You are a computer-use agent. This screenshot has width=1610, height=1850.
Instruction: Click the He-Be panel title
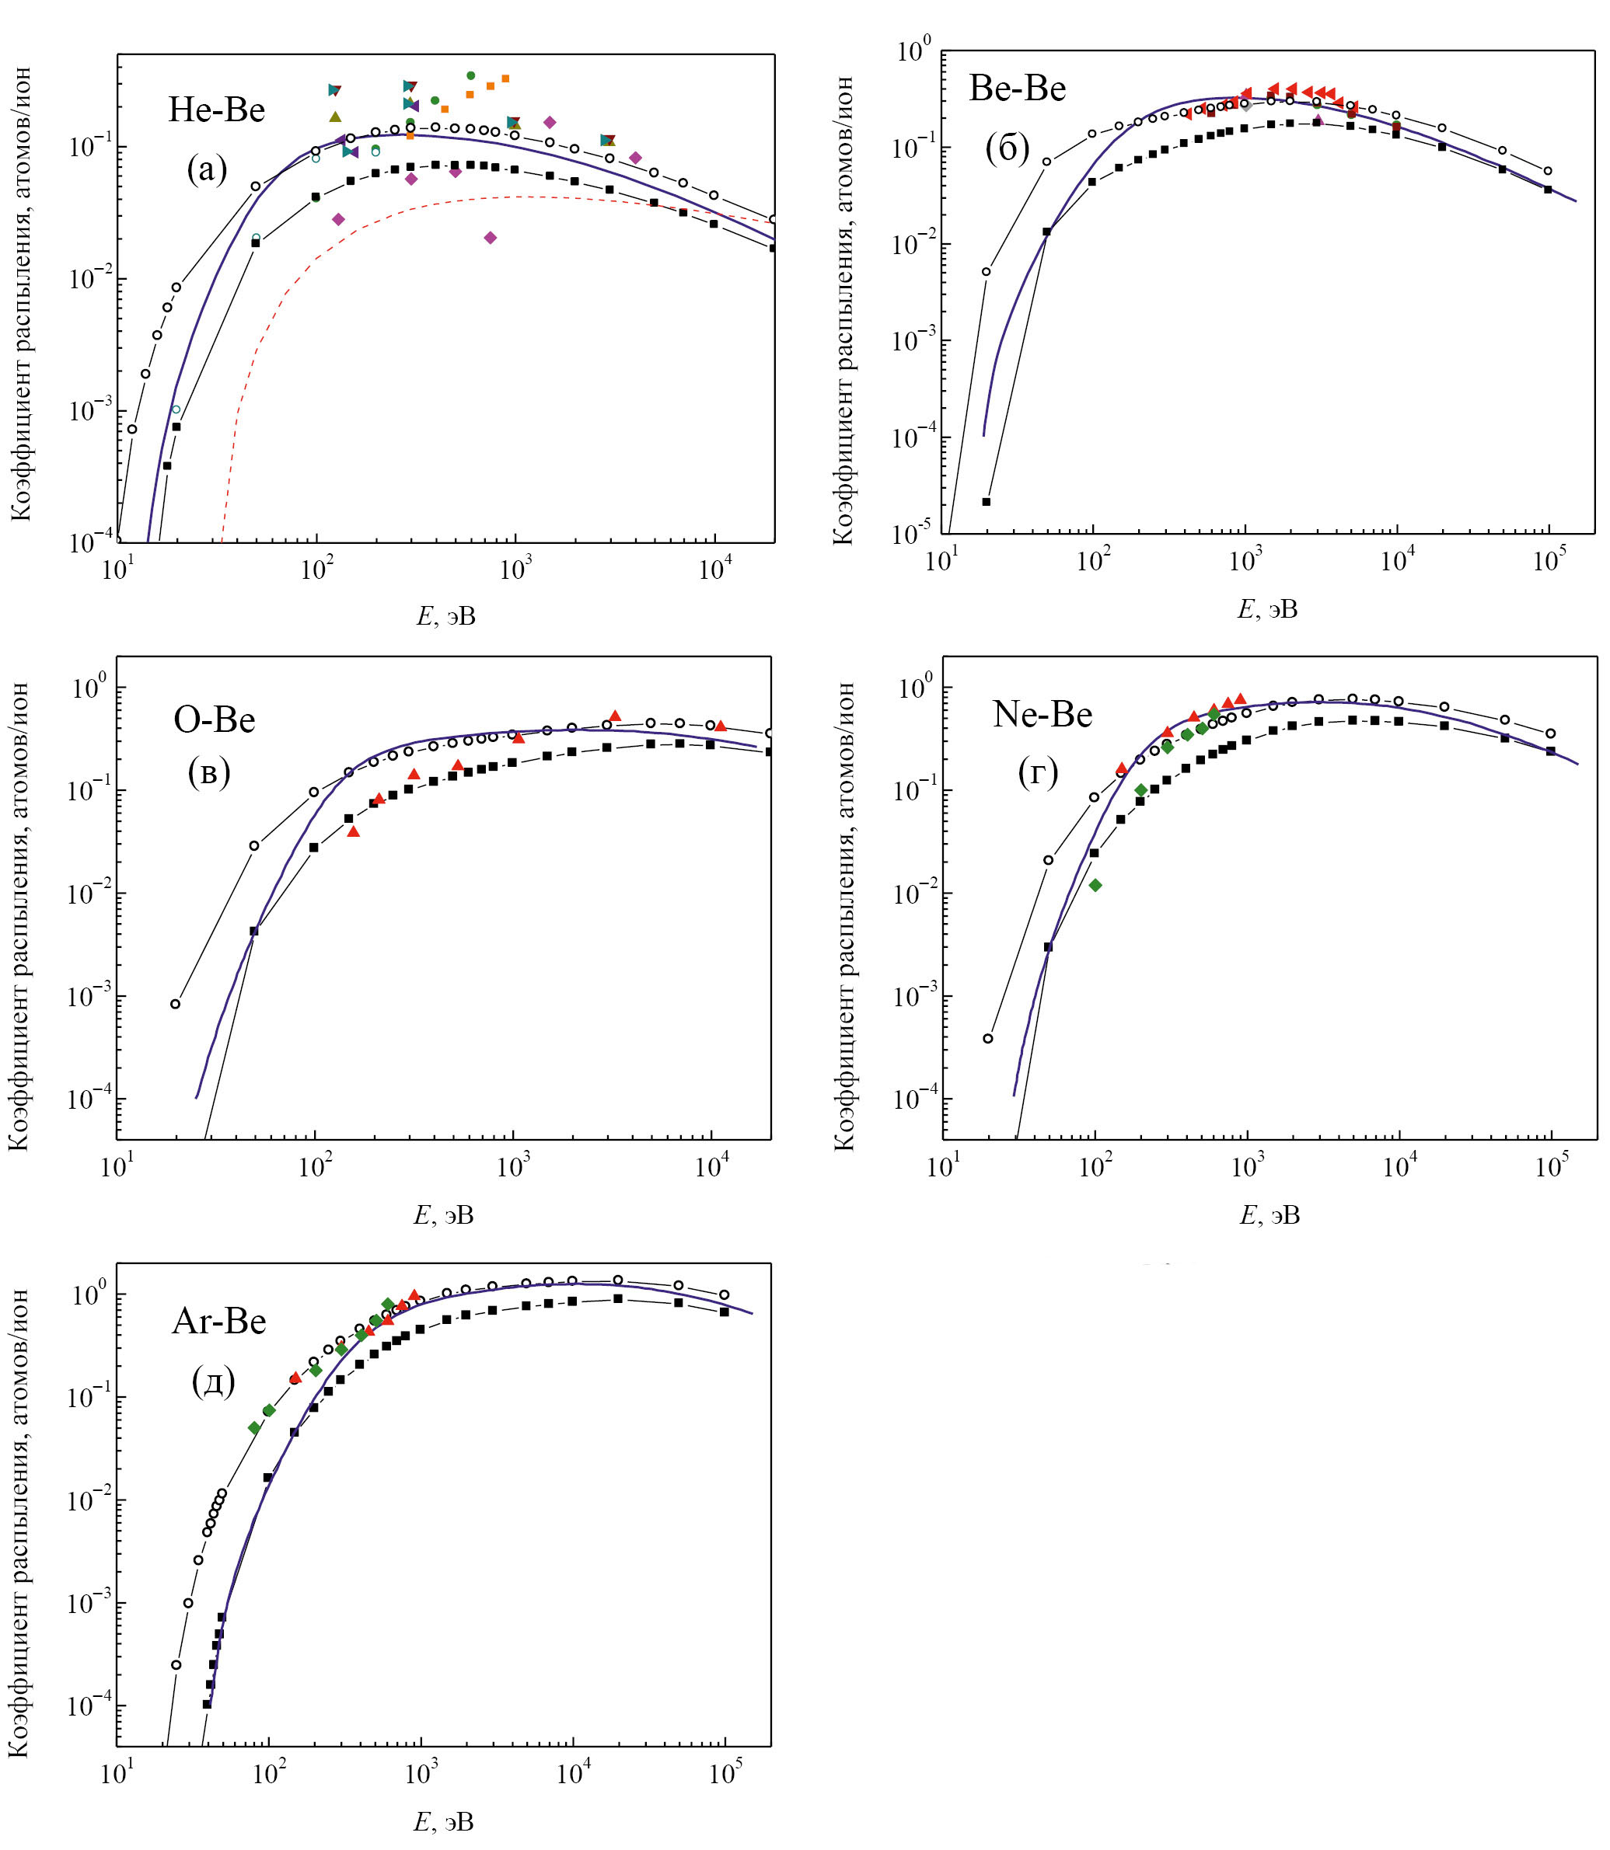click(217, 110)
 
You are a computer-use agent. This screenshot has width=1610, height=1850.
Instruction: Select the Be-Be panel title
click(1017, 88)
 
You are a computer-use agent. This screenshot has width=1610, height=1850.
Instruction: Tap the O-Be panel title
click(214, 719)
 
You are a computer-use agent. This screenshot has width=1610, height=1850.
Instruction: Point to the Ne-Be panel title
click(1042, 714)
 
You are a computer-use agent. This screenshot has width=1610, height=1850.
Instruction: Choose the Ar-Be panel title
click(218, 1321)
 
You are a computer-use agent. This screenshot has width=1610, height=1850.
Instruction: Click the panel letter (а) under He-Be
click(208, 168)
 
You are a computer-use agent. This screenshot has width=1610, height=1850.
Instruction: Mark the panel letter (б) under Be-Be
click(1008, 148)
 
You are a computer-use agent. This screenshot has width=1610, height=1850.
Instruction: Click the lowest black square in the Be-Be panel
click(986, 501)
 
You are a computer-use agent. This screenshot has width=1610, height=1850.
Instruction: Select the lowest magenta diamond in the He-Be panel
click(490, 238)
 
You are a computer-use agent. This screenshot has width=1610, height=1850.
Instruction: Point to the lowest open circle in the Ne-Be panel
click(988, 1038)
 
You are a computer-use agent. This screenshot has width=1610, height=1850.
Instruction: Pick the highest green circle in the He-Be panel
click(471, 75)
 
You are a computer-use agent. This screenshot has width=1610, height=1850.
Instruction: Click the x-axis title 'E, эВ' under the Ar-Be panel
click(443, 1821)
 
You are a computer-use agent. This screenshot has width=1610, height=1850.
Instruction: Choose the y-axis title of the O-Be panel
click(19, 916)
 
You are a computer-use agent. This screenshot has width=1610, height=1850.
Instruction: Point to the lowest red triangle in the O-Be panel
click(353, 831)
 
